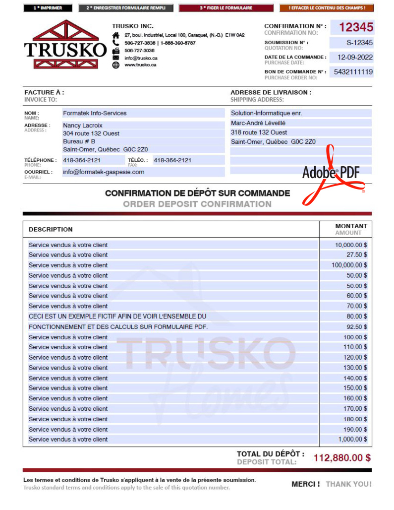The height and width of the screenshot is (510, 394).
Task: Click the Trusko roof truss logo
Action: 65,44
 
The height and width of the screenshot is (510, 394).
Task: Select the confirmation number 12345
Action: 356,27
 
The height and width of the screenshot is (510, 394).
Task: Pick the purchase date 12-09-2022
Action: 355,57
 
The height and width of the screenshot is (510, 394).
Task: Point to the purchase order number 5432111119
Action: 353,72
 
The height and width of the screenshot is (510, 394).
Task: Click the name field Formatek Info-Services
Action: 95,113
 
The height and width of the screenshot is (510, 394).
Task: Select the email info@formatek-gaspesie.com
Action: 104,172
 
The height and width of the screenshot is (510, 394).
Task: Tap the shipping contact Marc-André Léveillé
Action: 258,123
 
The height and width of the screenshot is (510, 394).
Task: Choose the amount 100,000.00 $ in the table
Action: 349,265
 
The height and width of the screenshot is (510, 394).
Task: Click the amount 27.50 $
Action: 357,255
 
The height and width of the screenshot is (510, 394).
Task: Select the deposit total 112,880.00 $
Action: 342,458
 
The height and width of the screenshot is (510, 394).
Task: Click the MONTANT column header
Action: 351,226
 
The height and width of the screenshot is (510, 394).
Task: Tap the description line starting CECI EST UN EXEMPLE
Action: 117,316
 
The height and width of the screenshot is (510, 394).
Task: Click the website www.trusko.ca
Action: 140,65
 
